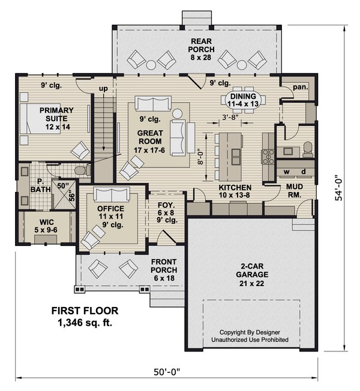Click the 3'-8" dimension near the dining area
[231, 117]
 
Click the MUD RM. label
[293, 191]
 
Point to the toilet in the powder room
[307, 148]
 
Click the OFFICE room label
[110, 213]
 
